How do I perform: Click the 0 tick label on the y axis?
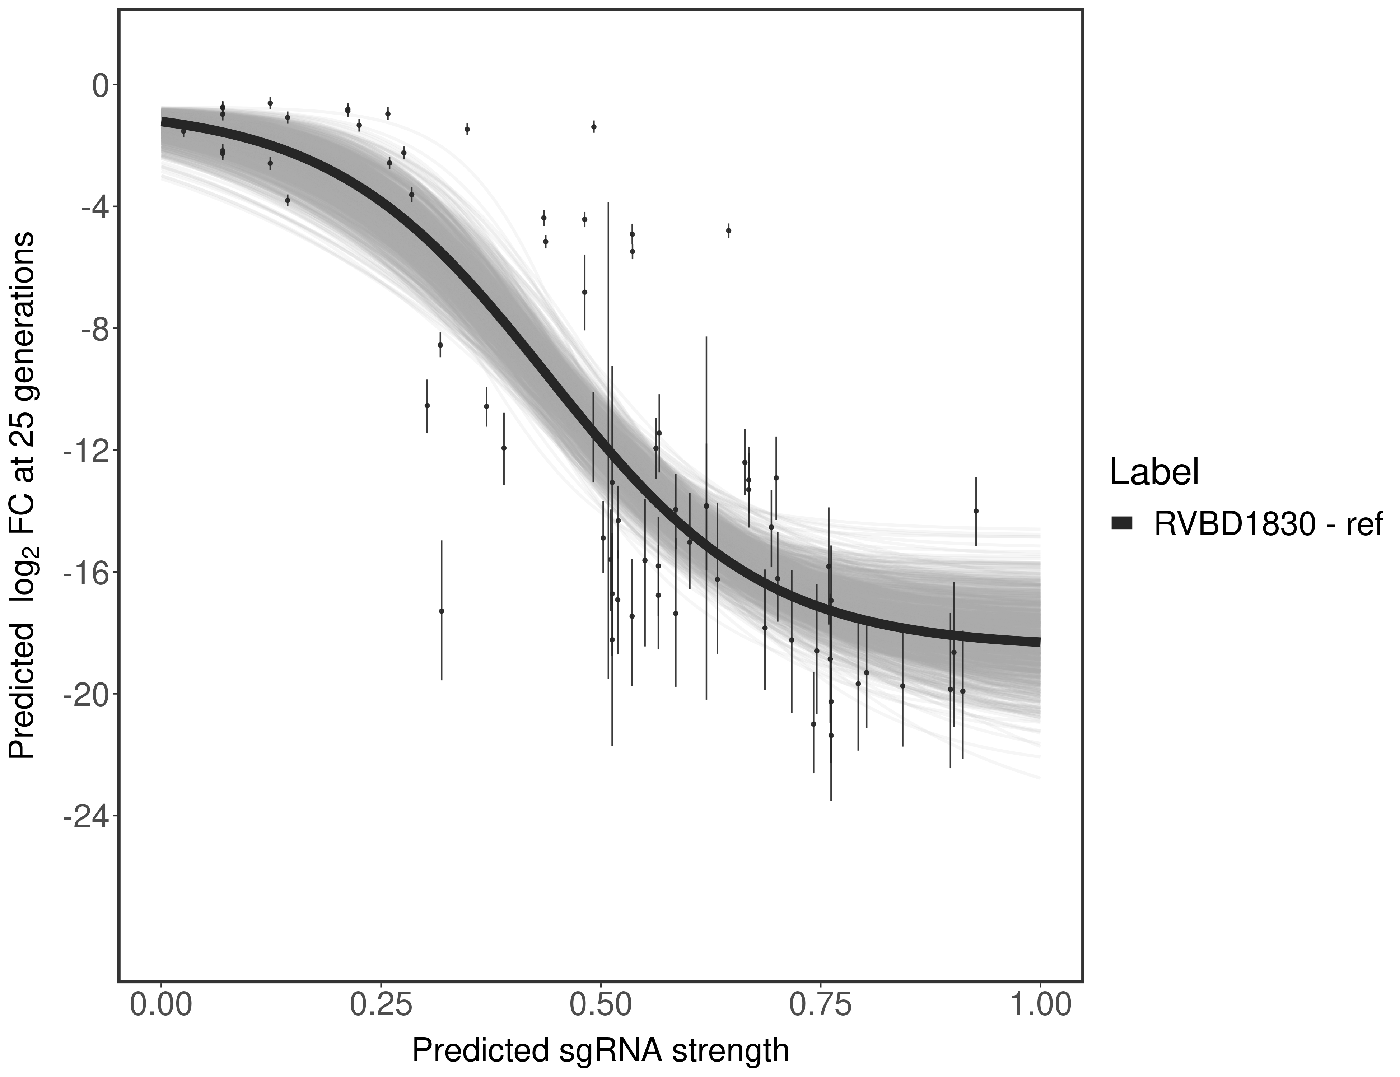point(100,85)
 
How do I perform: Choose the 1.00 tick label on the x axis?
point(1040,1004)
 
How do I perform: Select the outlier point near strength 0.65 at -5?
point(729,231)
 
